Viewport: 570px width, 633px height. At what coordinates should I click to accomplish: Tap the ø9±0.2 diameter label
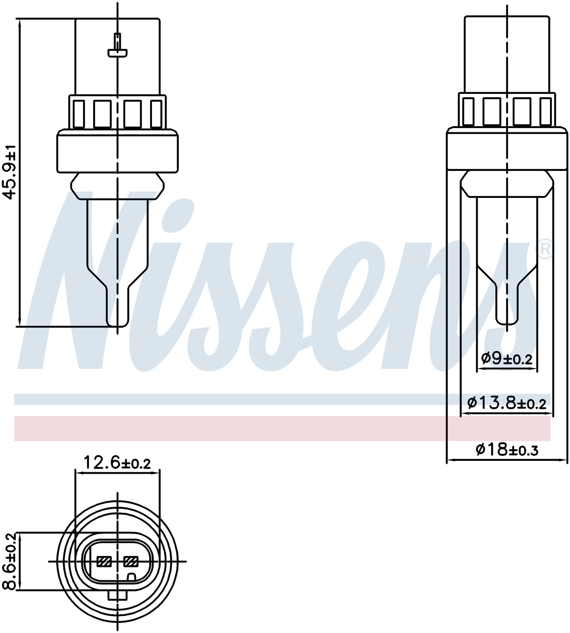click(x=507, y=358)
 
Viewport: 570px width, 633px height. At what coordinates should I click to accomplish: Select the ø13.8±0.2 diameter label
click(x=507, y=403)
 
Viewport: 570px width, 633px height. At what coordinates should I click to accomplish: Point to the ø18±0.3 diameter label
click(x=507, y=450)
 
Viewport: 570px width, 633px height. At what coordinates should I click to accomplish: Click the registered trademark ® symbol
click(x=545, y=250)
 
